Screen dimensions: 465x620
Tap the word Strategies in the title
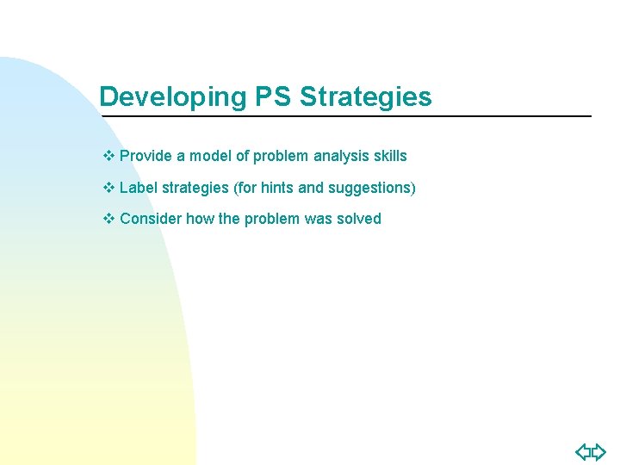pyautogui.click(x=366, y=96)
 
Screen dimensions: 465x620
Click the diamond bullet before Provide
pyautogui.click(x=108, y=156)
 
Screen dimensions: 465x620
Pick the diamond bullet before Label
pyautogui.click(x=108, y=187)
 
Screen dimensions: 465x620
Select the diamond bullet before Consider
pyautogui.click(x=108, y=218)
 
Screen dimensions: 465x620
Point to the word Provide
pyautogui.click(x=146, y=156)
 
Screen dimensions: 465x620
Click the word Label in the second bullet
pyautogui.click(x=139, y=187)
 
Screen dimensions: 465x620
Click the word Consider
pyautogui.click(x=151, y=218)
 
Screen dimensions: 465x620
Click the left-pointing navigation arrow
pyautogui.click(x=583, y=451)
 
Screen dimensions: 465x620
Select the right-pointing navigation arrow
pyautogui.click(x=598, y=451)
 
